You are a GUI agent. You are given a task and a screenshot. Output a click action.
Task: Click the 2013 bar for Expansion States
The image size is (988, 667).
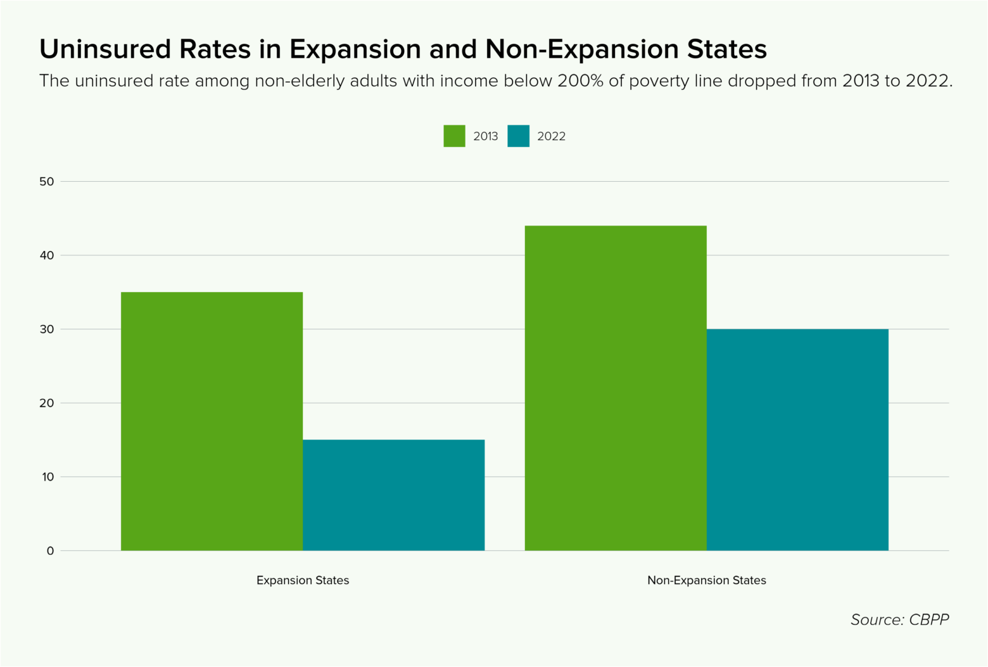(212, 421)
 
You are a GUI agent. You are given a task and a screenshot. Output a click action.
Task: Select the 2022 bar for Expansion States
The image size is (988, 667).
(393, 495)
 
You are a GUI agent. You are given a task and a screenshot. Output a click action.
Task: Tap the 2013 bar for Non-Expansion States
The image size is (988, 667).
(616, 388)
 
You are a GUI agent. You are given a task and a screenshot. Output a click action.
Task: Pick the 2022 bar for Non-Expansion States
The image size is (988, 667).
(797, 440)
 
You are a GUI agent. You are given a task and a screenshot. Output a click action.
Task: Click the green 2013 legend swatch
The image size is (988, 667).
(454, 136)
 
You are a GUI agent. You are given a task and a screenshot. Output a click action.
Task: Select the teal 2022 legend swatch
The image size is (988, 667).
(518, 136)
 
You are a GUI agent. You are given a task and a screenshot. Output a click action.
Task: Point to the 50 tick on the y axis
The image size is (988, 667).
(47, 182)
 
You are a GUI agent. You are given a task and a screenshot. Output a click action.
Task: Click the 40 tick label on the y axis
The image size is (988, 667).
(47, 256)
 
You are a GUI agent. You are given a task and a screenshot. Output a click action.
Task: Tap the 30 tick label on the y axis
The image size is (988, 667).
(47, 329)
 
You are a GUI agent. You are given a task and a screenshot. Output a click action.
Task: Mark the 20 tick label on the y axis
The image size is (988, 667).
(47, 403)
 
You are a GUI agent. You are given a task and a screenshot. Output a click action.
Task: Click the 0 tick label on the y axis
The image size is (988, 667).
(50, 551)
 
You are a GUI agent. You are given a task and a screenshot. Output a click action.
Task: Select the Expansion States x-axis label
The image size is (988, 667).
(303, 580)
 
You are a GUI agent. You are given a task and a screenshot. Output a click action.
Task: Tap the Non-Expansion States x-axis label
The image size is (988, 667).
(706, 580)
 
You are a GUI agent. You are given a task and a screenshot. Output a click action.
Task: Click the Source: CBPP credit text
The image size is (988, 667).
(899, 619)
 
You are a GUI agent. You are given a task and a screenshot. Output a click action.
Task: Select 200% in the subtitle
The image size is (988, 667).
(580, 81)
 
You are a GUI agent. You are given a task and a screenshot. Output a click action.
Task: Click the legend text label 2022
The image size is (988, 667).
(551, 136)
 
